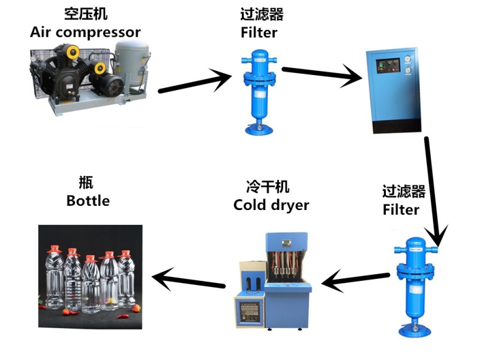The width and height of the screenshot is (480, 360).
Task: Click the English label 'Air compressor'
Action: (85, 32)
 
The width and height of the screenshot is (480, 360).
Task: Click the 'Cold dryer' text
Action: (271, 205)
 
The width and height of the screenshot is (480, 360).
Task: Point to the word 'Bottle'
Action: (88, 200)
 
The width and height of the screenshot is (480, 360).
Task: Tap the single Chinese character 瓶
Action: (86, 182)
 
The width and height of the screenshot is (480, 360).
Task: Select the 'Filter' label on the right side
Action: (401, 209)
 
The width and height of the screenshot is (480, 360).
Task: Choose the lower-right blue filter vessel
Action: (415, 282)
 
